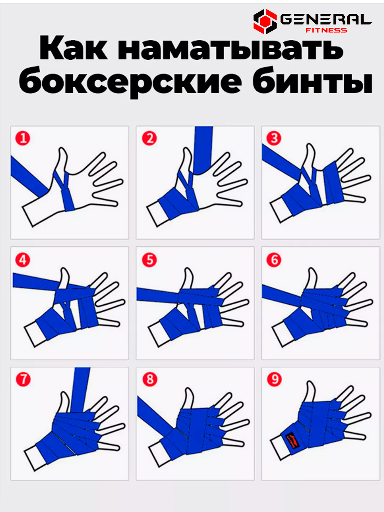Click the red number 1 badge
click(x=23, y=138)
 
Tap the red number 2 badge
click(x=149, y=138)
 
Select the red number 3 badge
click(x=274, y=138)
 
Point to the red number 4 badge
click(x=23, y=260)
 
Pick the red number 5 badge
click(x=149, y=260)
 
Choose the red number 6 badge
click(x=274, y=260)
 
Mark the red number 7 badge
click(x=23, y=379)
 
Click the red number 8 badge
click(x=150, y=379)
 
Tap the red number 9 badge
click(x=274, y=379)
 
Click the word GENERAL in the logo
click(x=326, y=19)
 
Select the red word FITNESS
click(x=326, y=30)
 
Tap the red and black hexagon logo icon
click(x=265, y=21)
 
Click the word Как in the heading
click(x=74, y=48)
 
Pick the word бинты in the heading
click(x=312, y=80)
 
